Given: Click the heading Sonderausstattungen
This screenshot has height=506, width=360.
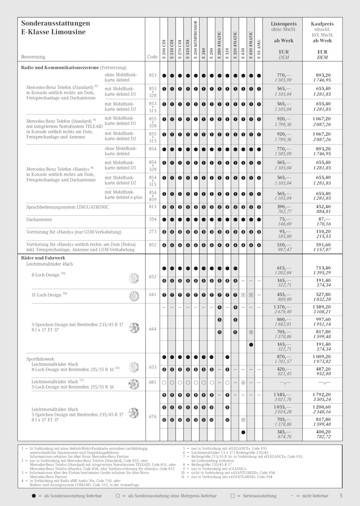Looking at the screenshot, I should click(x=55, y=23).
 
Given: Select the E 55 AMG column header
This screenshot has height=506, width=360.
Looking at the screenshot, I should click(x=259, y=49).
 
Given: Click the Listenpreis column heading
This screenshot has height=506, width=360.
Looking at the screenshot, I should click(x=283, y=24).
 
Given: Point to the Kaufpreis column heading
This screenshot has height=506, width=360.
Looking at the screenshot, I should click(x=322, y=24).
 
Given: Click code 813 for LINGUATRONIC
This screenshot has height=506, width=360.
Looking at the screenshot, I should click(x=153, y=207).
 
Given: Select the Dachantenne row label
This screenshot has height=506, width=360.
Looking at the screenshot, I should click(x=39, y=219).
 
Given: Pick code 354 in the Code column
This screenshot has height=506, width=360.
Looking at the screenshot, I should click(x=153, y=219).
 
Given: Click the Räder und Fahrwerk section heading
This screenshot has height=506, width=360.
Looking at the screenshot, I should click(x=43, y=258).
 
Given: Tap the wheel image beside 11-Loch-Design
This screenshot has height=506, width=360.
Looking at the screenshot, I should click(x=134, y=296).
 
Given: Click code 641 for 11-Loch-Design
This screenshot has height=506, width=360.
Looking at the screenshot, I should click(x=153, y=295).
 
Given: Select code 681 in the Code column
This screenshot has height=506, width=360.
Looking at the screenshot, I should click(x=153, y=382).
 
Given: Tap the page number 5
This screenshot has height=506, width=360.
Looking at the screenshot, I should click(x=341, y=495).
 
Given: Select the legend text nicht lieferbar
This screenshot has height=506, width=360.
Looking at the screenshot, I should click(x=315, y=496).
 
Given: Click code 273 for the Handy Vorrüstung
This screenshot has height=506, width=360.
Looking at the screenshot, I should click(x=153, y=232).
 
